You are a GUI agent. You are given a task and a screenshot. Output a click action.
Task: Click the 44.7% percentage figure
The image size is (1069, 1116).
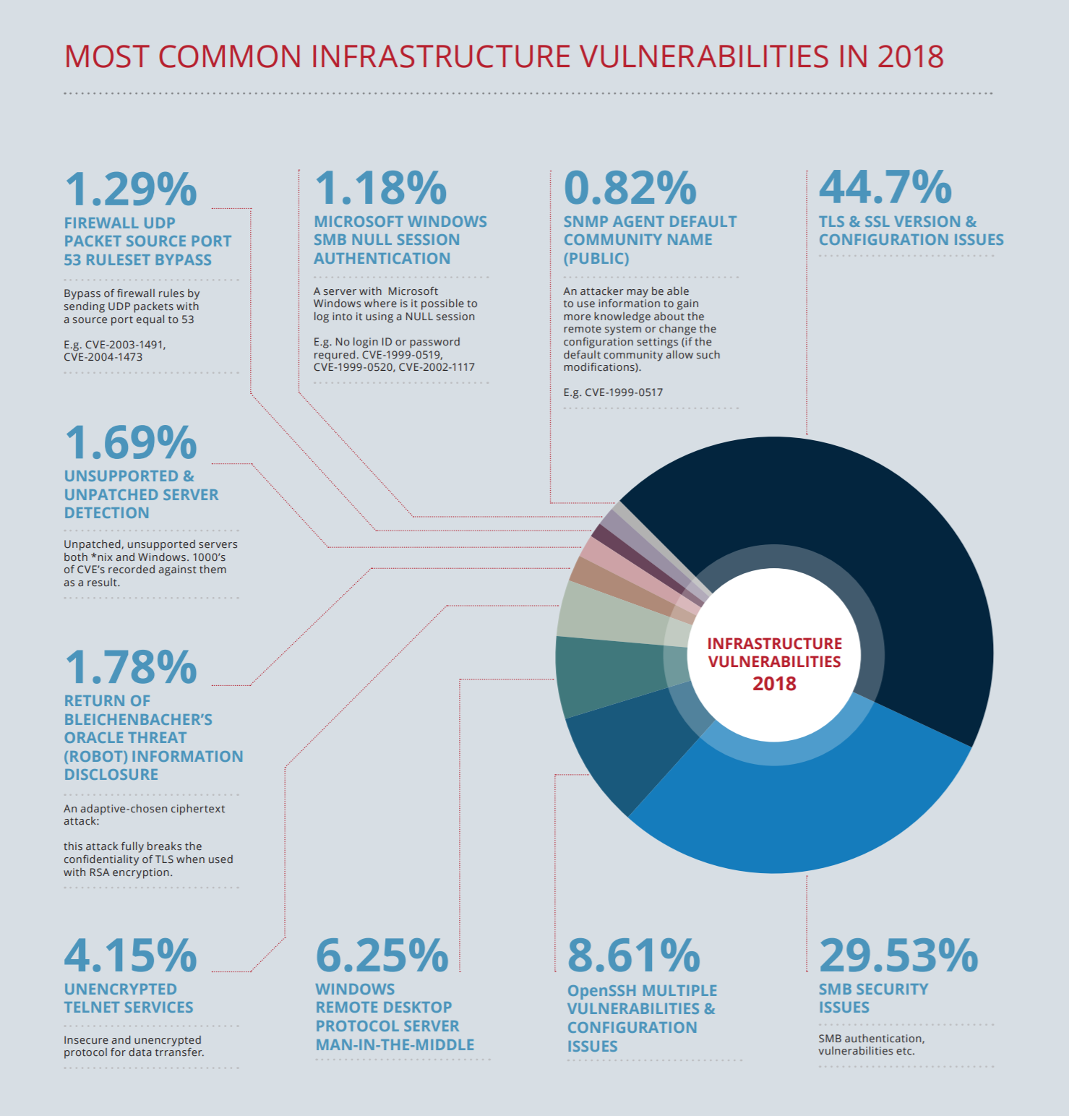click(885, 187)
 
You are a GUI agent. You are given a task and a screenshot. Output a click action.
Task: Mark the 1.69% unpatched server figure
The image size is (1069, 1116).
click(130, 442)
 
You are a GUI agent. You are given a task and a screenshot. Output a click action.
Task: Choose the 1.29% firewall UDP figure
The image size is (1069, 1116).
click(130, 189)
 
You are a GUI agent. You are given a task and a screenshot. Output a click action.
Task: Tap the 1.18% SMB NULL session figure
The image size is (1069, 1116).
click(380, 188)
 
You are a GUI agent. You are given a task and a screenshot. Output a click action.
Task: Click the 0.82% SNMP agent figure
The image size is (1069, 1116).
click(630, 188)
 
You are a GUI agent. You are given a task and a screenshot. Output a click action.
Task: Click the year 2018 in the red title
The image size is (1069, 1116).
click(910, 57)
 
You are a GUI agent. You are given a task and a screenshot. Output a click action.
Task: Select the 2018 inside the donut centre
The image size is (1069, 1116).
click(774, 684)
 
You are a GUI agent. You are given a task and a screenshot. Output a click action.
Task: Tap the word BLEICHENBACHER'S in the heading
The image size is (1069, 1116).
click(138, 720)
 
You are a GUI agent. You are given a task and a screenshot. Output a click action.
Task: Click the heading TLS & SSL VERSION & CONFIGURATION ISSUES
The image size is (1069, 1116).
click(911, 231)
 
